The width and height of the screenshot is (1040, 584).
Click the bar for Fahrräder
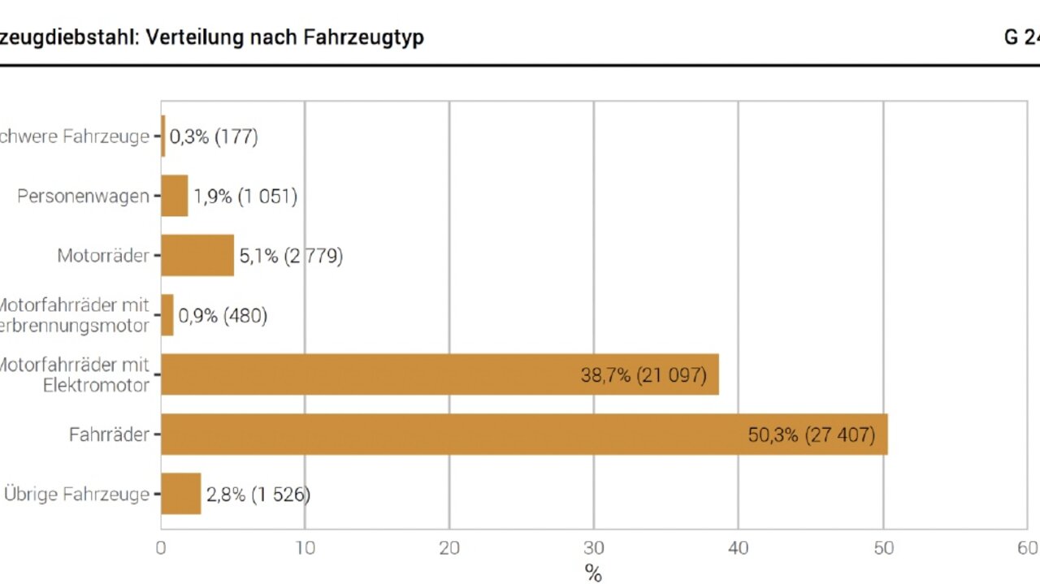click(x=524, y=435)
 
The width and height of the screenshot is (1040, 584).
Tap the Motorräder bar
click(x=197, y=255)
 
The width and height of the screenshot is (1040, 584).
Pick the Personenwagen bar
click(x=175, y=196)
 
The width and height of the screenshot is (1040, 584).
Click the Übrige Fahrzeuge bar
click(x=181, y=494)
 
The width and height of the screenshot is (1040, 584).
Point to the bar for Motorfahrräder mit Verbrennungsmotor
click(x=167, y=315)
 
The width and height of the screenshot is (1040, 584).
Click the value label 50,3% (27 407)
click(x=811, y=435)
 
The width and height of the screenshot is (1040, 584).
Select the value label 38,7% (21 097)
click(x=643, y=375)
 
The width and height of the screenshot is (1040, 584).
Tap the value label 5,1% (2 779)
click(x=290, y=256)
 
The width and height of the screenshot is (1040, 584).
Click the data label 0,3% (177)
click(x=214, y=136)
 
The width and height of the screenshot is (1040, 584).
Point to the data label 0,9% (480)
click(x=223, y=315)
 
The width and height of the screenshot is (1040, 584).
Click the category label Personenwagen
click(x=83, y=196)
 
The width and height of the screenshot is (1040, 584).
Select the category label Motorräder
click(x=103, y=255)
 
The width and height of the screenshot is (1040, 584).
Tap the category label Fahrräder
click(x=109, y=435)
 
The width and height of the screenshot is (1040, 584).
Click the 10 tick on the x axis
click(x=305, y=548)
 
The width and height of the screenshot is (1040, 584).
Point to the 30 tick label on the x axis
click(x=593, y=548)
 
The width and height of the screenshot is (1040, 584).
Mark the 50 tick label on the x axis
click(x=882, y=548)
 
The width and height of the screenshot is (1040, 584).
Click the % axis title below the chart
click(x=593, y=574)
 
